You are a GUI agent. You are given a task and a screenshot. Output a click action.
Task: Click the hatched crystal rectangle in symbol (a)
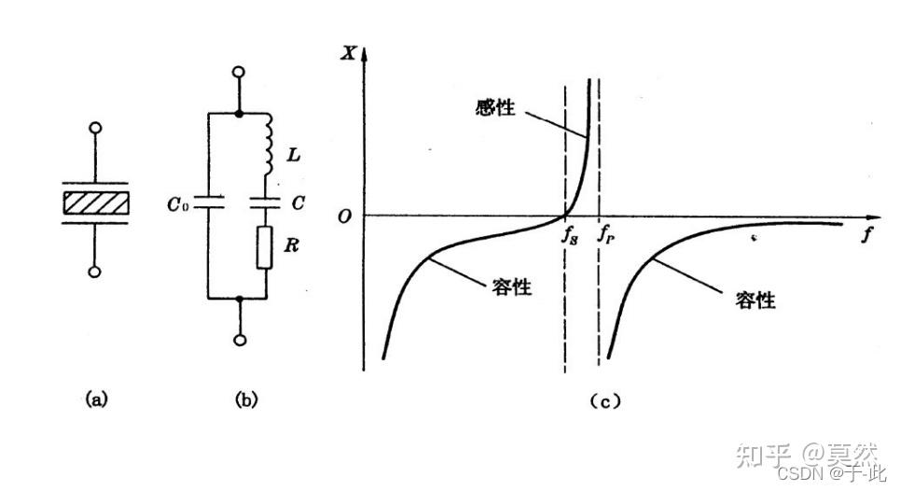94,202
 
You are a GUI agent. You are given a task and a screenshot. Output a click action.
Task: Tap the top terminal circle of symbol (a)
94,129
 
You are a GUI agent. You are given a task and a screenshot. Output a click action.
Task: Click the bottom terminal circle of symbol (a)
94,272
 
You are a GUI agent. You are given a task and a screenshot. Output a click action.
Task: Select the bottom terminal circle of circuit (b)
241,340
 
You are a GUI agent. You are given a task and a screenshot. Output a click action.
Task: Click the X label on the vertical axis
349,52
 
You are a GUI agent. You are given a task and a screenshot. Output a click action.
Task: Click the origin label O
344,217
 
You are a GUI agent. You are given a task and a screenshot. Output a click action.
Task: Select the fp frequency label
605,235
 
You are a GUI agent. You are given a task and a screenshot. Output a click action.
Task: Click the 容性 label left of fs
511,287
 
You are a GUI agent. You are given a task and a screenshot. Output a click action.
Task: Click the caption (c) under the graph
605,401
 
